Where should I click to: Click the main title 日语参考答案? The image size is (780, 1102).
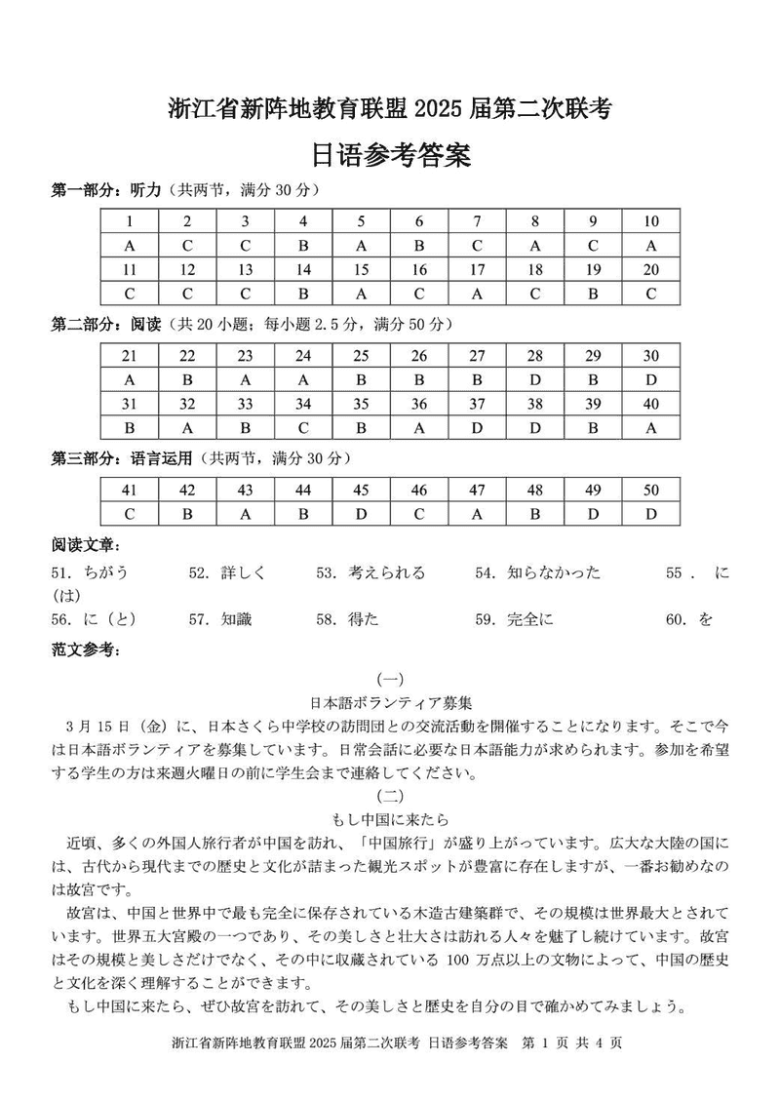click(389, 155)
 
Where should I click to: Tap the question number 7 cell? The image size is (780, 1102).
click(477, 221)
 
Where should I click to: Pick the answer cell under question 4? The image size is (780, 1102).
click(303, 245)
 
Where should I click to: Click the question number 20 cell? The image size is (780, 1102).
click(650, 269)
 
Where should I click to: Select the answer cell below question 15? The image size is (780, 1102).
click(361, 293)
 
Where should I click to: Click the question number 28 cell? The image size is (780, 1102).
click(534, 355)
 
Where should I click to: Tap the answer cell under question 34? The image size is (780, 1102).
click(303, 426)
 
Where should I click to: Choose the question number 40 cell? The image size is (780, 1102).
click(650, 403)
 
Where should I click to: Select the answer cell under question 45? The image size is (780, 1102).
click(361, 513)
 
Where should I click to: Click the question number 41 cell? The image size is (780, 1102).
click(130, 490)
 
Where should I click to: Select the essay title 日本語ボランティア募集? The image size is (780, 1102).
click(390, 702)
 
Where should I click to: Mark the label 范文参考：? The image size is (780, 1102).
click(84, 649)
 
